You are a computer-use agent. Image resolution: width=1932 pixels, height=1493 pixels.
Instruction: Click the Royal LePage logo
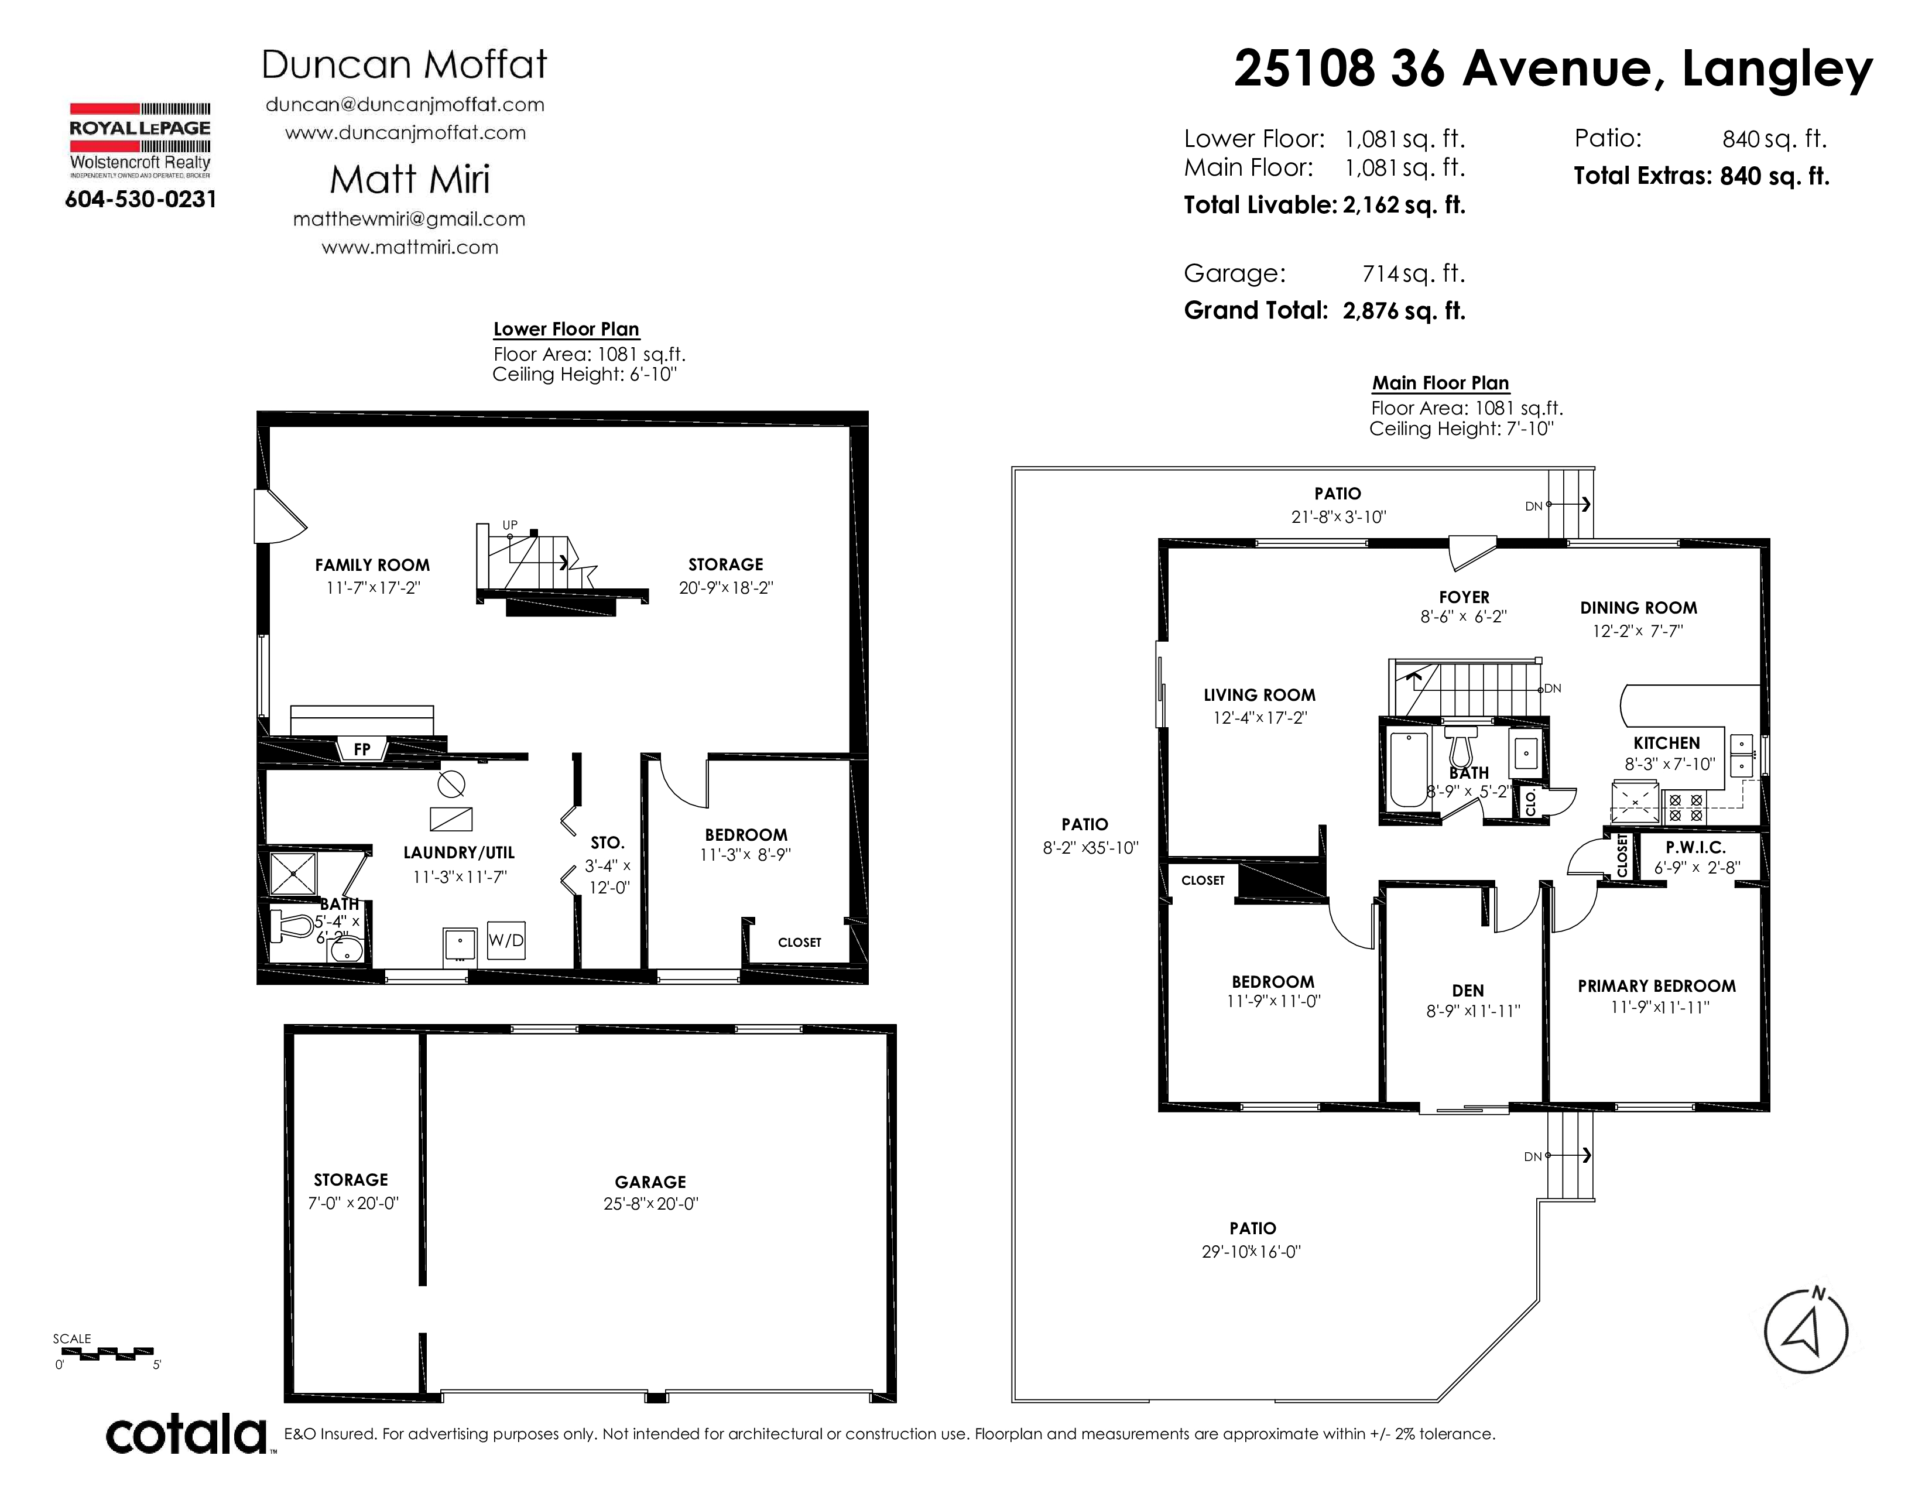pyautogui.click(x=140, y=141)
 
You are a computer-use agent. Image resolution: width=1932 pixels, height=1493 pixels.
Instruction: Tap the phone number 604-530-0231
pyautogui.click(x=141, y=200)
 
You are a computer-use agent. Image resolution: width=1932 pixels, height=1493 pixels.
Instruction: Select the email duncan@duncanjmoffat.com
pyautogui.click(x=405, y=104)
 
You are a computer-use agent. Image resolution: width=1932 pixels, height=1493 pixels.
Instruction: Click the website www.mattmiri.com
pyautogui.click(x=410, y=248)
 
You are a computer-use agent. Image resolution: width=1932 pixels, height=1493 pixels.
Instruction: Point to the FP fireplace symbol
pyautogui.click(x=362, y=749)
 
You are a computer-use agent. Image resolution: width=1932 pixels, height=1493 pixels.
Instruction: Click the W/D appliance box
pyautogui.click(x=506, y=940)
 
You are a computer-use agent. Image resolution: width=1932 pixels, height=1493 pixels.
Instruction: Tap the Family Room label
pyautogui.click(x=372, y=565)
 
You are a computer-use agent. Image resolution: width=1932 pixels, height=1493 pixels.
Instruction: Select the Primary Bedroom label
pyautogui.click(x=1657, y=986)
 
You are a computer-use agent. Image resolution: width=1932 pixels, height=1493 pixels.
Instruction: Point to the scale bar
pyautogui.click(x=107, y=1353)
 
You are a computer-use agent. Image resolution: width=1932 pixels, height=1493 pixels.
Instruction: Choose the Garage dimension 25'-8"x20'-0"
pyautogui.click(x=651, y=1204)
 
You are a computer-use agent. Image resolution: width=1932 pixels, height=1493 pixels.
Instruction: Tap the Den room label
pyautogui.click(x=1468, y=991)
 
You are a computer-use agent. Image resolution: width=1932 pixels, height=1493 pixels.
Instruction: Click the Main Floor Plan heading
pyautogui.click(x=1440, y=383)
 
